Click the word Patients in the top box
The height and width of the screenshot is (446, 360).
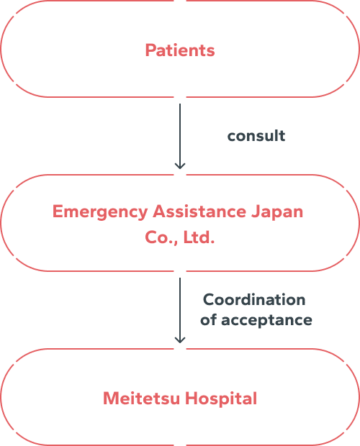[x=180, y=50]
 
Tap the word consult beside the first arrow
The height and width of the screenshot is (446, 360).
[x=256, y=136]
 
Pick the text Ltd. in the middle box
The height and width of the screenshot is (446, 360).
[x=199, y=237]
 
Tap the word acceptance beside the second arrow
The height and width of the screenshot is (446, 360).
[x=267, y=319]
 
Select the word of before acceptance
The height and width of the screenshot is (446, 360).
[x=209, y=319]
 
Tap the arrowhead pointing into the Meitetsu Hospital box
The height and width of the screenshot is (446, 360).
[x=180, y=340]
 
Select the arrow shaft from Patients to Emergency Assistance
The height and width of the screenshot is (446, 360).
[x=180, y=133]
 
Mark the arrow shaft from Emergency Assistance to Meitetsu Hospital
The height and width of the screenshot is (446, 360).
[x=180, y=306]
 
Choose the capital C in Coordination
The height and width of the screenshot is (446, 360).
[x=208, y=299]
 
